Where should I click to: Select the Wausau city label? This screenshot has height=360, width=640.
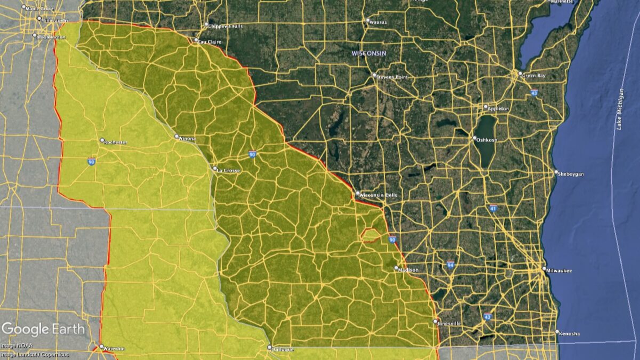point(378,22)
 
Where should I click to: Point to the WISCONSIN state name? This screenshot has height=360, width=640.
point(369,54)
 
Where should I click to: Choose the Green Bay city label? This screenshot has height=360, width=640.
point(534,76)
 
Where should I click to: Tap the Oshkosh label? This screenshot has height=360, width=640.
point(486,140)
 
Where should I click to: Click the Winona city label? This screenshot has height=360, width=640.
point(187,138)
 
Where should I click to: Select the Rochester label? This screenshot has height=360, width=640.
point(115,142)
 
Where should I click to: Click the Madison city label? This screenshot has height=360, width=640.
point(409,270)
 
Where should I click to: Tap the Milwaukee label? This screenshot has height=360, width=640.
point(559,271)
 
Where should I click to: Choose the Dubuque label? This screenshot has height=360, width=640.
point(282,349)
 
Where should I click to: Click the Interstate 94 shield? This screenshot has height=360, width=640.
point(451,264)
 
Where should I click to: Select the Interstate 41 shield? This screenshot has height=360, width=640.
point(494,208)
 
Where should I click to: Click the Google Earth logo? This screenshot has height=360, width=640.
point(43,329)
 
